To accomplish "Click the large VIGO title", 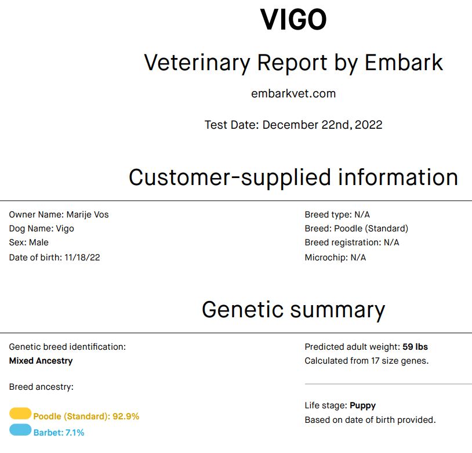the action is [293, 20].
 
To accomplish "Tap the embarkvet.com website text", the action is [293, 93].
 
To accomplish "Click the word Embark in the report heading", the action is [404, 63].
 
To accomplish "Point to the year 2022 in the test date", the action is [368, 125].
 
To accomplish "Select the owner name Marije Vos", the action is [88, 215].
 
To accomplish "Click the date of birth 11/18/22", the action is [82, 258].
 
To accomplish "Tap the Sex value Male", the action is [39, 242].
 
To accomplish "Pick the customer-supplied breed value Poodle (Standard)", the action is [371, 229].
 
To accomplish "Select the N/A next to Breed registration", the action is [391, 242].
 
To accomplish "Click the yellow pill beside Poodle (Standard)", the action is [20, 414].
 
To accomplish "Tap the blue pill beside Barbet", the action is [20, 430].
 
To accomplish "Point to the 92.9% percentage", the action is [126, 416].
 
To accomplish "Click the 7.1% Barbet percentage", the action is [75, 433].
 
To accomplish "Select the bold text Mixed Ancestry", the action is [41, 361].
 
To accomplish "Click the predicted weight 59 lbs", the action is [415, 347].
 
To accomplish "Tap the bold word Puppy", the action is [363, 405].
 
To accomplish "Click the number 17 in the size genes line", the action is [375, 361].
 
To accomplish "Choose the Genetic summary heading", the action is [293, 310].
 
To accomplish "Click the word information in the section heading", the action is [398, 177].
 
